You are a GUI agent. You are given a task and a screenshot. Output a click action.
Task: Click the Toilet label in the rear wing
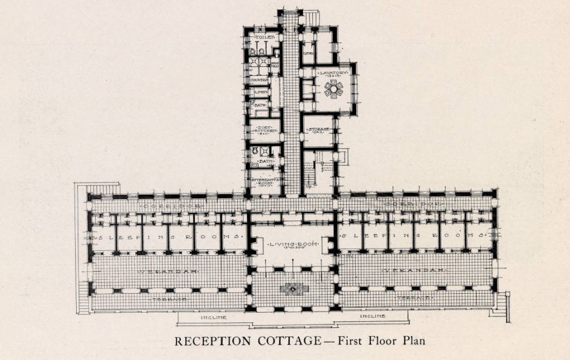point(262,37)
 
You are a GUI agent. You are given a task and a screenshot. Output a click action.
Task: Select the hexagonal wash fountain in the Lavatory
point(333,89)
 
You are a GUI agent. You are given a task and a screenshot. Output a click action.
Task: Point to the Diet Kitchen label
point(264,129)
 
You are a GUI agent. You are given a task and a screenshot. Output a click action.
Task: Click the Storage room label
point(320,130)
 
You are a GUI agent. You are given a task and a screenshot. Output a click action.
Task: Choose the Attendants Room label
point(265,182)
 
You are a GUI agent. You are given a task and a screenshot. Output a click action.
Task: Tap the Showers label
point(259,80)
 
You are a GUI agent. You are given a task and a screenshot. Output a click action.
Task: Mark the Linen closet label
point(260,92)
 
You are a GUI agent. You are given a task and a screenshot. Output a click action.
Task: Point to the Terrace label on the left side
point(169,299)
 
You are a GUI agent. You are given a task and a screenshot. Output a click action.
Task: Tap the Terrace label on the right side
point(414,298)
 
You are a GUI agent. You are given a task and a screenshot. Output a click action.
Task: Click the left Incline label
point(213,318)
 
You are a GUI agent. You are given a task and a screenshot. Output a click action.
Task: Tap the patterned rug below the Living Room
point(293,289)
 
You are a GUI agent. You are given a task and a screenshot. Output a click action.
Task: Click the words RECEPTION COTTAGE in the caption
point(248,341)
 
